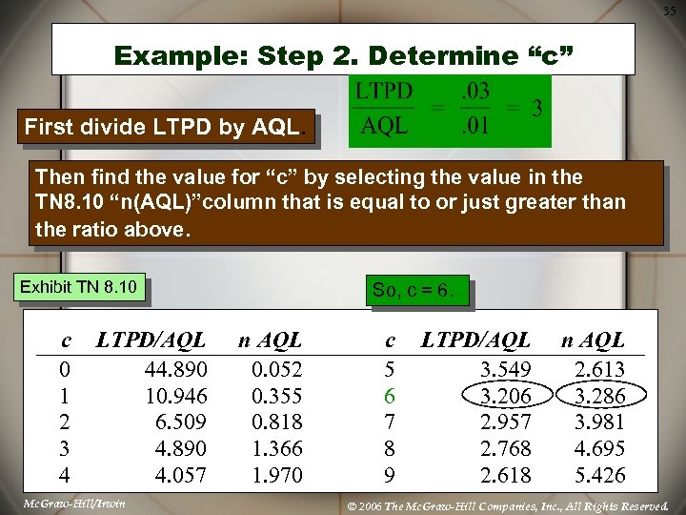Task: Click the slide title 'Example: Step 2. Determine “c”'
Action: tap(343, 55)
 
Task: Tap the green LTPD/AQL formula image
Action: tap(450, 111)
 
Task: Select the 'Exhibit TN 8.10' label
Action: tap(78, 287)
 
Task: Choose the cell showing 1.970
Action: tap(276, 474)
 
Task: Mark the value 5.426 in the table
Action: tap(599, 474)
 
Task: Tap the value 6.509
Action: tap(181, 422)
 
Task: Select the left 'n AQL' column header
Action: tap(270, 340)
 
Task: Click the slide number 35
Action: tap(670, 10)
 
